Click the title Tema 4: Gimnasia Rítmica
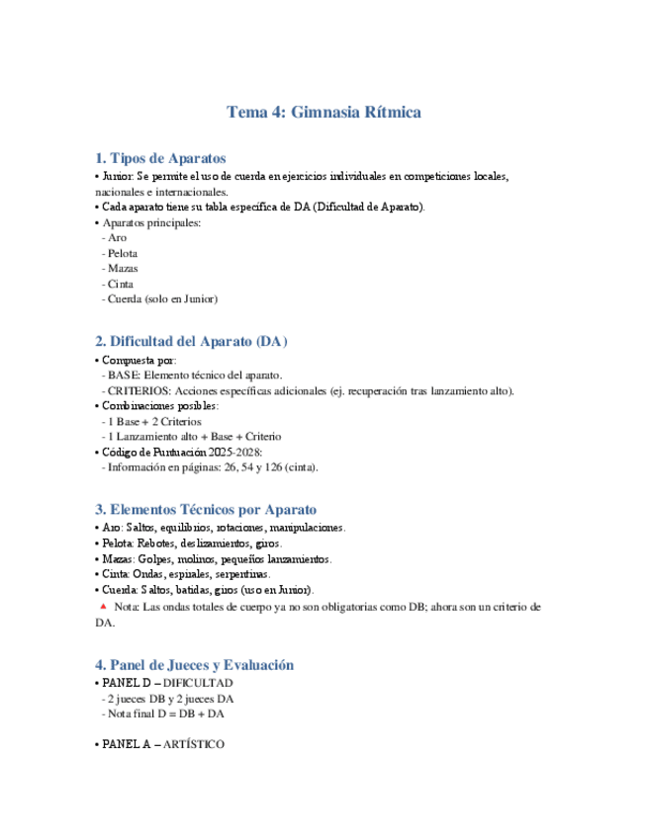pos(324,112)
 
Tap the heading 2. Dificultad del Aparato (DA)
pos(191,342)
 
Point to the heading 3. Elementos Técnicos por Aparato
pos(206,510)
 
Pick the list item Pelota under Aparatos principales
pos(123,253)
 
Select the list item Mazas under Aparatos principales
pos(123,268)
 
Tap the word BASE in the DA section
pos(124,376)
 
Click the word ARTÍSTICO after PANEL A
pos(192,743)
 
